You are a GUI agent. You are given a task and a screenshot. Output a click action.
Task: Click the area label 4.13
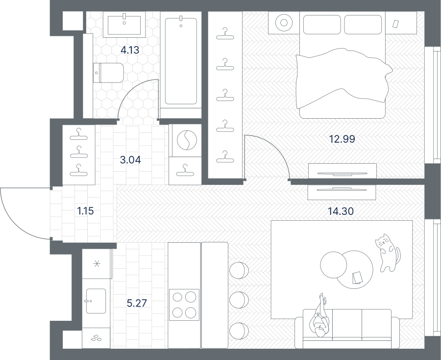[x=130, y=50]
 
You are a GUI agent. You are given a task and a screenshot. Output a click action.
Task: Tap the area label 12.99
[x=342, y=139]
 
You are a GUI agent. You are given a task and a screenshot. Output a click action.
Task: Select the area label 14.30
[x=341, y=211]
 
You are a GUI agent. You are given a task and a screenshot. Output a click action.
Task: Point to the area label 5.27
[x=137, y=303]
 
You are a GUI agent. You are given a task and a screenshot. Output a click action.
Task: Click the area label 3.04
[x=130, y=160]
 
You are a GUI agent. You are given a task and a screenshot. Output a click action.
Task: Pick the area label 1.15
[x=85, y=211]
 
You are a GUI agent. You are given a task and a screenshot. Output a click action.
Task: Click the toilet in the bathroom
[x=108, y=73]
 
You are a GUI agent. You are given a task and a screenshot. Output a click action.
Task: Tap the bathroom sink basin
[x=124, y=25]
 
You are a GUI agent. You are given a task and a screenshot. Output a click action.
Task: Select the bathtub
[x=181, y=60]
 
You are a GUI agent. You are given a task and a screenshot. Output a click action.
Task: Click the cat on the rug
[x=387, y=253]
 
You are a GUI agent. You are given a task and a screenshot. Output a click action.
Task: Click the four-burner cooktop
[x=184, y=305]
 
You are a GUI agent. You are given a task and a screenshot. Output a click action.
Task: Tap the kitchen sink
[x=96, y=301]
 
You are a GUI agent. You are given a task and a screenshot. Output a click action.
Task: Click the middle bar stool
[x=239, y=300]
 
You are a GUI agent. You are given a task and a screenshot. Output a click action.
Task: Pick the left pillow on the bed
[x=322, y=25]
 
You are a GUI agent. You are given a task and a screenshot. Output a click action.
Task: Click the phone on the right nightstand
[x=395, y=24]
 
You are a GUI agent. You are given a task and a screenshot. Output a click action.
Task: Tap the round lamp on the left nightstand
[x=284, y=23]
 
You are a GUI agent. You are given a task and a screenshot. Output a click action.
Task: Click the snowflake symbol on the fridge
[x=97, y=264]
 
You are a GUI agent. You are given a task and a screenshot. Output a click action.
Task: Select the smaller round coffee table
[x=333, y=265]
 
